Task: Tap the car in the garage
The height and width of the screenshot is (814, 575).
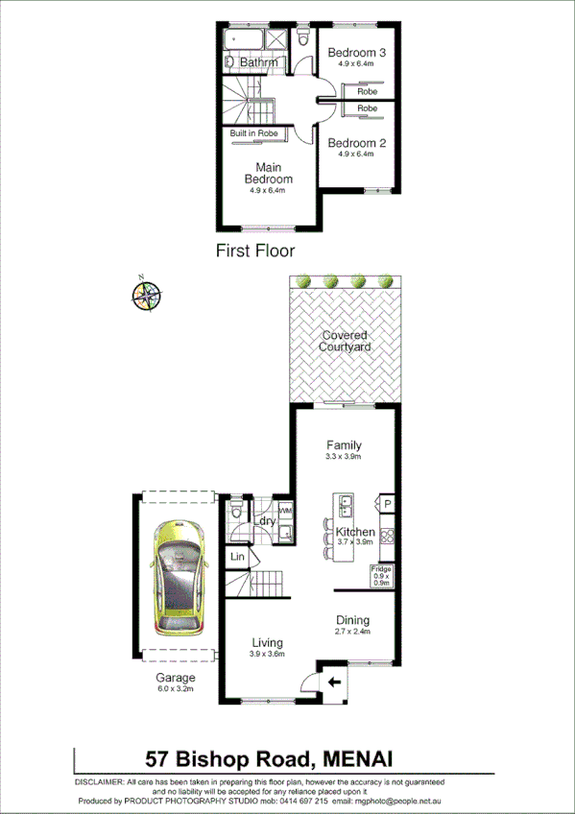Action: tap(180, 576)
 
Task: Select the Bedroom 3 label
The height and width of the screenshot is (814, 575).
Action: tap(356, 53)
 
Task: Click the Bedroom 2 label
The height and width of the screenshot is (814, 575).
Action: tap(356, 143)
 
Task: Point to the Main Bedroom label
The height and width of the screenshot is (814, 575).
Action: tap(267, 173)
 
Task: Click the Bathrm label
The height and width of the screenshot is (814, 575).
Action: tap(258, 62)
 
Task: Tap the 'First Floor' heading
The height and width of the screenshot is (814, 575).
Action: tap(254, 251)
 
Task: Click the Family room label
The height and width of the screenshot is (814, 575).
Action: tap(344, 445)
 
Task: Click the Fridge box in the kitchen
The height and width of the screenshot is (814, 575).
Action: tap(381, 576)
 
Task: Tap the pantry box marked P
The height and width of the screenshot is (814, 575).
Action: tap(388, 503)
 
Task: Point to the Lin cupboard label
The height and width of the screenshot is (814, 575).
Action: tap(237, 557)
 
